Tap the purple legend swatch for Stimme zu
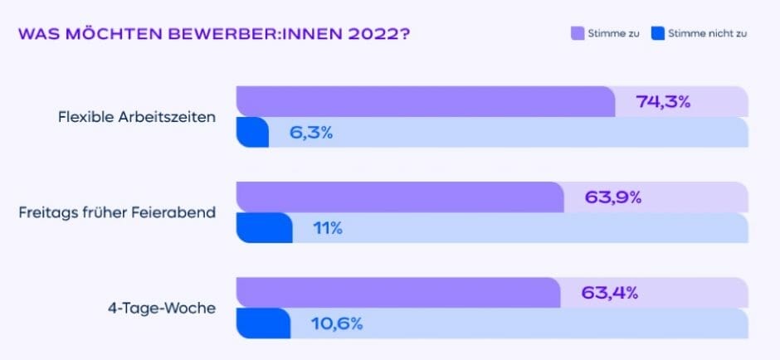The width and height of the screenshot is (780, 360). click(x=578, y=35)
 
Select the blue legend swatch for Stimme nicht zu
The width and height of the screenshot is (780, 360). click(x=659, y=35)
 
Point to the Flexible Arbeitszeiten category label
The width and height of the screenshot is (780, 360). click(x=137, y=117)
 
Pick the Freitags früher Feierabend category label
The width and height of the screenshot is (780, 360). click(x=117, y=212)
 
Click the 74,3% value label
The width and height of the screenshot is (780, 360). click(x=663, y=102)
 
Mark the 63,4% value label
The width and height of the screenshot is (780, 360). click(x=609, y=293)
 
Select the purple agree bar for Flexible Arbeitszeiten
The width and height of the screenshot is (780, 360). click(x=425, y=101)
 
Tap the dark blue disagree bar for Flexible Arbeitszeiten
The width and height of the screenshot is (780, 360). click(x=252, y=133)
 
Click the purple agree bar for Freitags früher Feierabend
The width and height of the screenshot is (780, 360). click(x=399, y=197)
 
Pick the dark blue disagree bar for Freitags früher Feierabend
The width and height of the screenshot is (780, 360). click(x=264, y=228)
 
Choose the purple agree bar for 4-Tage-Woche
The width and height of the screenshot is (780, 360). click(x=397, y=293)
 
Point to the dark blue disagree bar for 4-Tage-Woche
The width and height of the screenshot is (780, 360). click(x=263, y=324)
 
